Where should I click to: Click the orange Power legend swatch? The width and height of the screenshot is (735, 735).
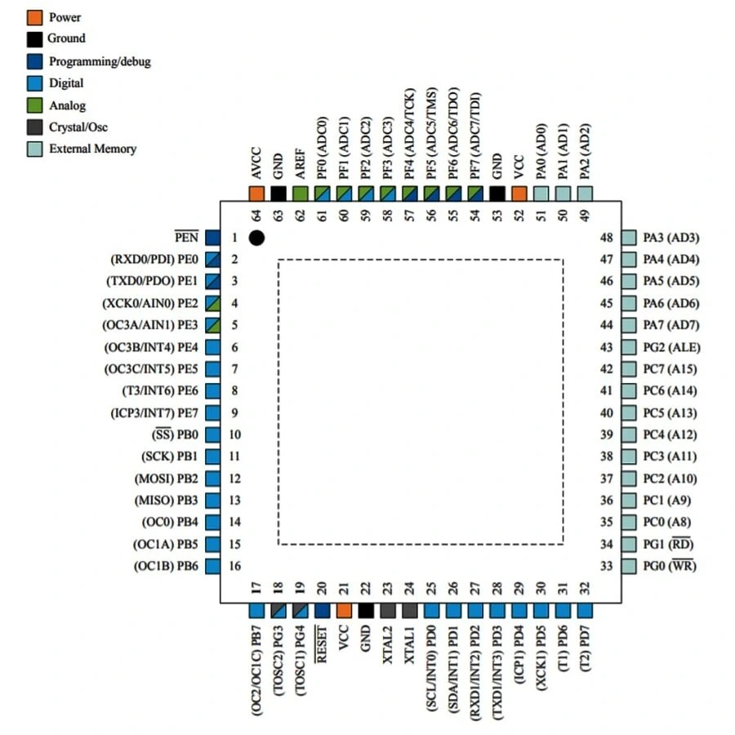[x=35, y=16]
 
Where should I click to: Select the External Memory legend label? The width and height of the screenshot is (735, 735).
[x=92, y=149]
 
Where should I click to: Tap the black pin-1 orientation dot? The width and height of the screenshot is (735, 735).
[x=256, y=238]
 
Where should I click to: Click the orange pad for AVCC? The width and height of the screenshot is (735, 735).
[x=256, y=194]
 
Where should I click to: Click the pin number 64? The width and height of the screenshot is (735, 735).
[x=256, y=216]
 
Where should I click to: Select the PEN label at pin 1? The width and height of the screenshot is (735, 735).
[x=187, y=238]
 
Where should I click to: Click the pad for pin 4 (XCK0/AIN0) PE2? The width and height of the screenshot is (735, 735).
[x=212, y=304]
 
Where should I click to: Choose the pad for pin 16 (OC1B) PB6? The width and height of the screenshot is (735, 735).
[x=212, y=566]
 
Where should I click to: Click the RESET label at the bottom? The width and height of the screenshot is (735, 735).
[x=322, y=645]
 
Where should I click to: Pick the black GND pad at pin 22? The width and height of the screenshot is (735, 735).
[x=366, y=610]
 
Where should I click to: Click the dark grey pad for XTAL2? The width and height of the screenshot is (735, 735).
[x=388, y=610]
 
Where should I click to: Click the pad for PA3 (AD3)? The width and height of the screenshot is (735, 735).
[x=628, y=238]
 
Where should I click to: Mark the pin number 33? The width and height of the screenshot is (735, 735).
[x=606, y=566]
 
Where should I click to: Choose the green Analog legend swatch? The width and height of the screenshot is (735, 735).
[x=35, y=105]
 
